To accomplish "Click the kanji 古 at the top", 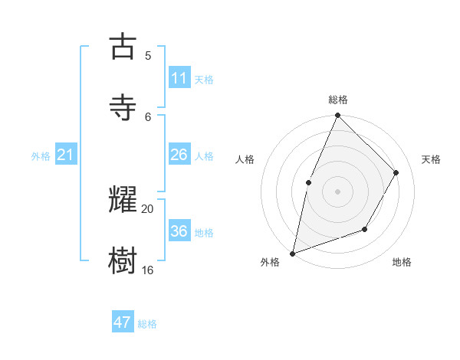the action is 123,47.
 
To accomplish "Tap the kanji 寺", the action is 123,108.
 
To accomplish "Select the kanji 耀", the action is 123,200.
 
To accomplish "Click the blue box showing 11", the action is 179,78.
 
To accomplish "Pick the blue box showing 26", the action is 179,155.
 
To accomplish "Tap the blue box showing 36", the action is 179,231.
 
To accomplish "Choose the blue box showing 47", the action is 123,322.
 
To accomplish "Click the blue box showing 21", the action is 66,155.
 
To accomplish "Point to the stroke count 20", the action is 148,208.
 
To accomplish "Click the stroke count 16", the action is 148,270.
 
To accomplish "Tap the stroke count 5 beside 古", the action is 148,55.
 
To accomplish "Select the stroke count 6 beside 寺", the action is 148,116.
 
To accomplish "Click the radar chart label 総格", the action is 337,100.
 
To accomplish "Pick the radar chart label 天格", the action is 432,159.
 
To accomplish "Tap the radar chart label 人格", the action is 245,159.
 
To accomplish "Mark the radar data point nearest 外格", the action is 292,253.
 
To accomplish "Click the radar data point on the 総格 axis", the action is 337,116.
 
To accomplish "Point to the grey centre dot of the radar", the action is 337,191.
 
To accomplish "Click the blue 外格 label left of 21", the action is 41,156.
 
